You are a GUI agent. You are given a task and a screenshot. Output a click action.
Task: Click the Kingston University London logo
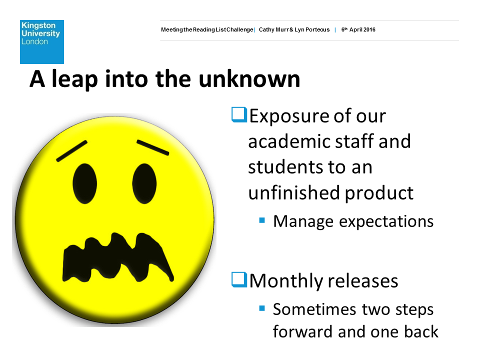(x=42, y=42)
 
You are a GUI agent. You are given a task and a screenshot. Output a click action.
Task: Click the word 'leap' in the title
(x=74, y=79)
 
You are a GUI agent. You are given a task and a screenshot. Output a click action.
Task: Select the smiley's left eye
(x=85, y=183)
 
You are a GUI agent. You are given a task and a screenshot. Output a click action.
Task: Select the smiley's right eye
(x=144, y=183)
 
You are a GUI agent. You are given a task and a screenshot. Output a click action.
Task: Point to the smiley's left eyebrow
(x=72, y=151)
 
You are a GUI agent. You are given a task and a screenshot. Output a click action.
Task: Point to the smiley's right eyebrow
(x=153, y=147)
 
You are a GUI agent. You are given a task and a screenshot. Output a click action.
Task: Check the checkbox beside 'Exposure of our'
(x=239, y=115)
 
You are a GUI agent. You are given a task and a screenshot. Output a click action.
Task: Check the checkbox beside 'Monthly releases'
(x=239, y=280)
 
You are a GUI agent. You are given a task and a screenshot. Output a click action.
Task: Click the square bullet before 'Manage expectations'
(x=262, y=220)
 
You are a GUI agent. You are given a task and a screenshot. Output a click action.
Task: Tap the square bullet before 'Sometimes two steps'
(x=262, y=308)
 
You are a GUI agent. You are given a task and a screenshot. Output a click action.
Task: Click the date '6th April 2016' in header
(x=358, y=29)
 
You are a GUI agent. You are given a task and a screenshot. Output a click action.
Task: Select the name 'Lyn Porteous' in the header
(x=312, y=29)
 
